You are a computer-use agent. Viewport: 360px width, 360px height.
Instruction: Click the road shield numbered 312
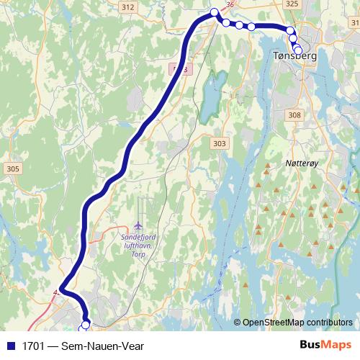[128, 6]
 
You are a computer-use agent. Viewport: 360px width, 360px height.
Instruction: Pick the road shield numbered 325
[291, 4]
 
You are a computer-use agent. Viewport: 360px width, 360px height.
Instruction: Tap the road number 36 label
[230, 4]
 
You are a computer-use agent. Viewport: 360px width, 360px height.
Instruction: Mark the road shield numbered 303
[220, 144]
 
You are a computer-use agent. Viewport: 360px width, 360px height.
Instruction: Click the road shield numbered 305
[12, 168]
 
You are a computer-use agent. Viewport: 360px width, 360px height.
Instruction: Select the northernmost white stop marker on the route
[214, 12]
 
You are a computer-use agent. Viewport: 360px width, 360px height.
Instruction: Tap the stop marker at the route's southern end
[85, 326]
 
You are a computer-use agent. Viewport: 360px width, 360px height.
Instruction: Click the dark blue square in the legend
[9, 346]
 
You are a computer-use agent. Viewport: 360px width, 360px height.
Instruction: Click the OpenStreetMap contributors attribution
[297, 322]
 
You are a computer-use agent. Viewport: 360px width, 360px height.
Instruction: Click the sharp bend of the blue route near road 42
[61, 291]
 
